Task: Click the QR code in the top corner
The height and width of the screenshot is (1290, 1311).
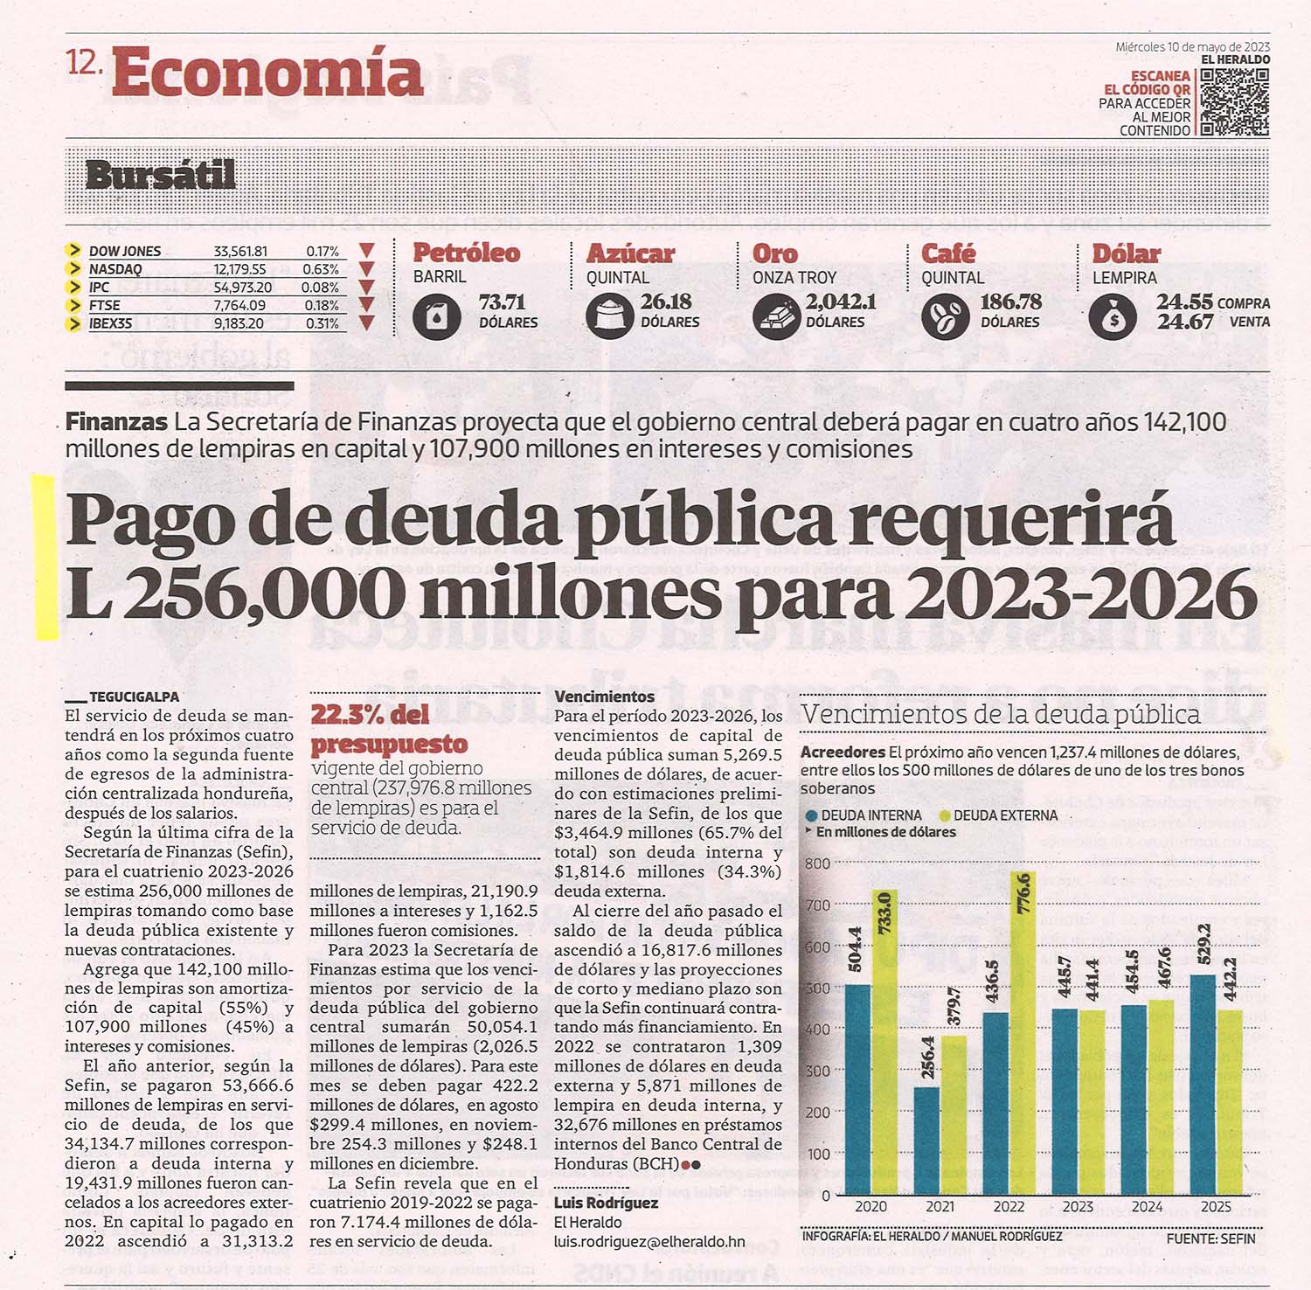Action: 1234,102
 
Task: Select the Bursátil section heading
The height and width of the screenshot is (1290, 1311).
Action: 161,175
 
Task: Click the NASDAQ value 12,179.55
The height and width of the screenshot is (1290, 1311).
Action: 240,269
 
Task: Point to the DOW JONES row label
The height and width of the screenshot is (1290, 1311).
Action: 125,252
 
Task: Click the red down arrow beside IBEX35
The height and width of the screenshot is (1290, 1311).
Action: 367,323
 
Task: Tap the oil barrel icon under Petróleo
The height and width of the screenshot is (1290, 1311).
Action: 436,316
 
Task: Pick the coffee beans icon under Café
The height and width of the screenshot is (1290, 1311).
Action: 945,316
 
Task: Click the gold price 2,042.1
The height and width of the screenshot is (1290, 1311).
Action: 841,302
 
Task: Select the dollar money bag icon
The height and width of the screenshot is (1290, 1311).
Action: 1113,316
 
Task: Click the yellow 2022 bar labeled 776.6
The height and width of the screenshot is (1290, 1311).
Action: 1022,1033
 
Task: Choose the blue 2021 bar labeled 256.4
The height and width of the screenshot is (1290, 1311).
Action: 927,1141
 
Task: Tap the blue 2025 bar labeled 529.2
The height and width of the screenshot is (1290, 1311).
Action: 1203,1085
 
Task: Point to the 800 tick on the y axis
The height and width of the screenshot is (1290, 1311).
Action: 817,863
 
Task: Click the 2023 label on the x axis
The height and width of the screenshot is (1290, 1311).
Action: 1078,1207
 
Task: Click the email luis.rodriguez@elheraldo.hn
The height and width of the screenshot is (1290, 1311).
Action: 649,1241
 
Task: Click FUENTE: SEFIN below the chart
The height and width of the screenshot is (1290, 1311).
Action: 1210,1238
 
